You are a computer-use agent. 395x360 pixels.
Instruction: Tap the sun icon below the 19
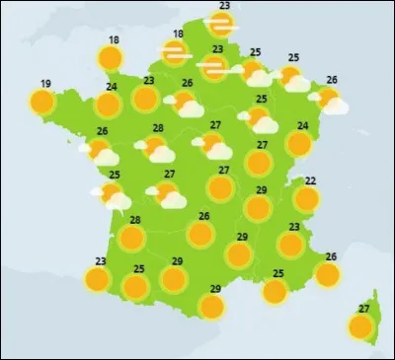(41, 101)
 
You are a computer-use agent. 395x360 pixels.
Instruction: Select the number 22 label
(310, 180)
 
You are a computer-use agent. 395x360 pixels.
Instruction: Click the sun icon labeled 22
(307, 199)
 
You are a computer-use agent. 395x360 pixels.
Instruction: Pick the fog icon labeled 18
(176, 54)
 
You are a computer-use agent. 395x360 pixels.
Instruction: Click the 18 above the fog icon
(178, 35)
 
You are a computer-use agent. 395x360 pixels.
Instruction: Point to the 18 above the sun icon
(115, 40)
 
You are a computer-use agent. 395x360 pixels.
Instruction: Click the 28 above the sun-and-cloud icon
(158, 128)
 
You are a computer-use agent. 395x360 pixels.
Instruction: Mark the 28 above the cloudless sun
(134, 220)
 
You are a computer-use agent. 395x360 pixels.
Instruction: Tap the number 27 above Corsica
(364, 309)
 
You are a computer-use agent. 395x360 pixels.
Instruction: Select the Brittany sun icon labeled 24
(108, 104)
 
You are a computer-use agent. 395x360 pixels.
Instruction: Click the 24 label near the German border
(303, 125)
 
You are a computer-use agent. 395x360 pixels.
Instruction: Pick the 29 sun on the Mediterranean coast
(211, 306)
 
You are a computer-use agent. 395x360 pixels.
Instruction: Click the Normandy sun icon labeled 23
(145, 99)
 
